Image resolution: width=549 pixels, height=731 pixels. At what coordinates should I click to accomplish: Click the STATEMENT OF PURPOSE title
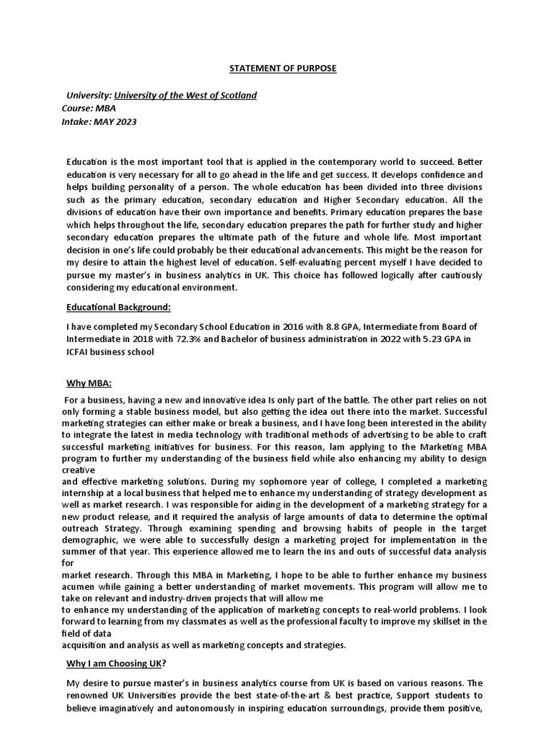[x=282, y=69]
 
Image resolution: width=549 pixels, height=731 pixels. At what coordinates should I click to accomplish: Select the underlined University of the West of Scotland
[x=185, y=96]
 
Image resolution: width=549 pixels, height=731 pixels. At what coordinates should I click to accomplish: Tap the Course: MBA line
[x=89, y=109]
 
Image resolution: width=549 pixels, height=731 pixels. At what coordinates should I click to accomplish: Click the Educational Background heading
[x=119, y=307]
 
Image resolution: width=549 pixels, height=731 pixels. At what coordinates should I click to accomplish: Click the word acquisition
[x=86, y=645]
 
